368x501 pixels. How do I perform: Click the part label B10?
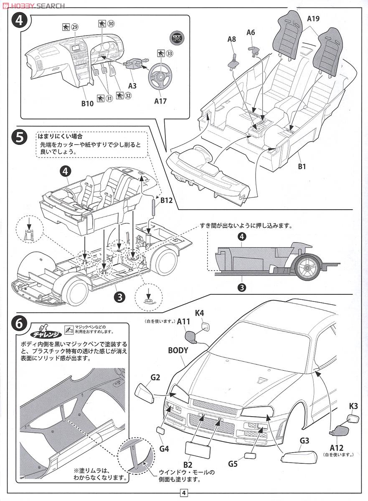(x=87, y=103)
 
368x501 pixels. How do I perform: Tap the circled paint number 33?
(x=170, y=53)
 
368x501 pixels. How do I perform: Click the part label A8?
(x=232, y=39)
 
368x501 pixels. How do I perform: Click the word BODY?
(x=178, y=350)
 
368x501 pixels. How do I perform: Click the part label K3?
(x=353, y=405)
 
